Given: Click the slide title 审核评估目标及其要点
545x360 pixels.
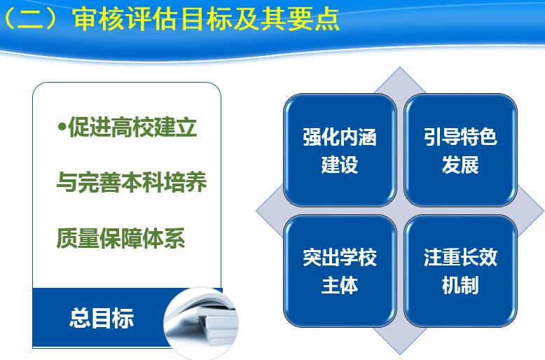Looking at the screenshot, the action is click(207, 19).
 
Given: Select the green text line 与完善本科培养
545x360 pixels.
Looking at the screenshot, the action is click(132, 182).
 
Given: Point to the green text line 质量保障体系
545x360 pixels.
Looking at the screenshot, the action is click(120, 238).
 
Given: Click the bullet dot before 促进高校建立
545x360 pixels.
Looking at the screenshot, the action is click(62, 127).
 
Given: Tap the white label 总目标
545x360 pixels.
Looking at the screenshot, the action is click(102, 318).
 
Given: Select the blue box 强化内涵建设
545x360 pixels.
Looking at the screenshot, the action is click(340, 150).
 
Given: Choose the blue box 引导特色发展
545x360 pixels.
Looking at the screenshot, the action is click(460, 150).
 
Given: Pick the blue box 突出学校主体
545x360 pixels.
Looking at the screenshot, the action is click(340, 271).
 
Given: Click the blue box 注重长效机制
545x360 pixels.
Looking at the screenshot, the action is click(460, 271).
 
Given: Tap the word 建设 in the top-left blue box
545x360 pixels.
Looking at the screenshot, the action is click(340, 165).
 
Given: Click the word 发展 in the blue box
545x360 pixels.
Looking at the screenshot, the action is click(460, 165).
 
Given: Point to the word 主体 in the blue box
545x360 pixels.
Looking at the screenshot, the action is click(340, 285).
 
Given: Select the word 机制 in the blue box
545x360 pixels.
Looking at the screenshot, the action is click(460, 285).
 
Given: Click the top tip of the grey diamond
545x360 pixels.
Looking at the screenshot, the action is click(400, 67).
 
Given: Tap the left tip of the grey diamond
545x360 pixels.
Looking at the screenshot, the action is click(256, 211).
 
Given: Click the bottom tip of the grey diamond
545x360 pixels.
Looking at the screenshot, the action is click(400, 354).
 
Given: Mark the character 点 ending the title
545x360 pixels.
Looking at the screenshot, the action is click(327, 19).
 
